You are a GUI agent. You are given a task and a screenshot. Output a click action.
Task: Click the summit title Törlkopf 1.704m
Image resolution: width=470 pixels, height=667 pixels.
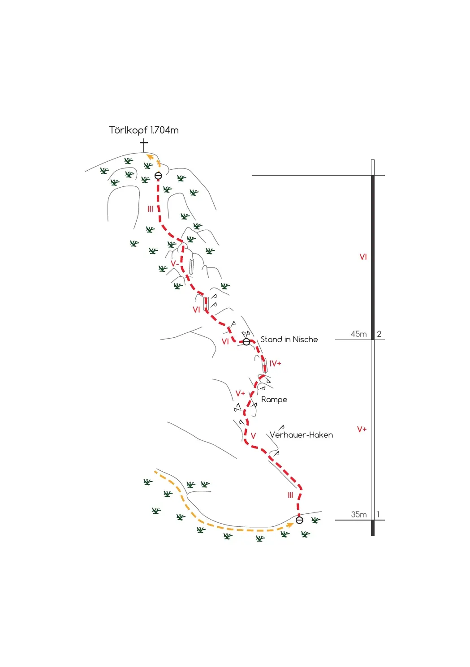[x=144, y=130]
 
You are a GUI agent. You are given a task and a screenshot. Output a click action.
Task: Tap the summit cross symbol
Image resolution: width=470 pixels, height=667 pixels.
[x=144, y=146]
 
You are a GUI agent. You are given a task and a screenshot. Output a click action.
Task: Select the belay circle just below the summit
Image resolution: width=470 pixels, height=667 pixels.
[x=159, y=176]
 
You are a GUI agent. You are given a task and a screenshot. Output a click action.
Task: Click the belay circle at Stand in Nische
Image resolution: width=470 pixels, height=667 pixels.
[x=246, y=342]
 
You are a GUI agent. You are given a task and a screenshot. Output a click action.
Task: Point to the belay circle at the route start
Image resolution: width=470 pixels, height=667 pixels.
[x=299, y=520]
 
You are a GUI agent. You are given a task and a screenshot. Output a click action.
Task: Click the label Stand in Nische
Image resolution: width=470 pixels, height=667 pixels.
[x=289, y=340]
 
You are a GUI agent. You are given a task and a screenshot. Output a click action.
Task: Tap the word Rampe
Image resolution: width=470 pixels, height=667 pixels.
[x=274, y=400]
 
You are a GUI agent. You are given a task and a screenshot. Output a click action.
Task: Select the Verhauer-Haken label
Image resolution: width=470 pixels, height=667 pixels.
[x=302, y=435]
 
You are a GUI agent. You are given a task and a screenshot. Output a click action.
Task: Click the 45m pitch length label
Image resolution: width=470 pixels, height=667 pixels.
[x=358, y=334]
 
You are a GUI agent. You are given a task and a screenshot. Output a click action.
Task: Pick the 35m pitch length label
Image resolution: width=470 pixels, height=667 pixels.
[x=358, y=515]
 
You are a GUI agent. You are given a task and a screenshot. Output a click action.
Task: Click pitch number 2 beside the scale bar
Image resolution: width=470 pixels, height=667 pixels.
[x=379, y=334]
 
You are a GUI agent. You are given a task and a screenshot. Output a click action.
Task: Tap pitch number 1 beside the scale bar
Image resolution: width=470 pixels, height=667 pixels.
[x=378, y=515]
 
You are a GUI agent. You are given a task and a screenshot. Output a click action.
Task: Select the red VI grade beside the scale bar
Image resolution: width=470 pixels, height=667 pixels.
[x=363, y=257]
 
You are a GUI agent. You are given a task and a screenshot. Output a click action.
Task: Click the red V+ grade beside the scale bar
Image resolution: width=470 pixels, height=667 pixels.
[x=362, y=430]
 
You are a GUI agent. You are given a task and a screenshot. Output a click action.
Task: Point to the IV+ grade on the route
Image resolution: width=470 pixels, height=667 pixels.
[x=275, y=364]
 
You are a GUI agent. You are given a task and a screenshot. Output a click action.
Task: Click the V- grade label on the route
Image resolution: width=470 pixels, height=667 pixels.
[x=175, y=263]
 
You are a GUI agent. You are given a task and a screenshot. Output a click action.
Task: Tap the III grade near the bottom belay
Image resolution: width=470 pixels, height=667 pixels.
[x=290, y=495]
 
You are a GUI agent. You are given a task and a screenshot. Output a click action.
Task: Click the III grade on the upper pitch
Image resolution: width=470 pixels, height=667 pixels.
[x=151, y=209]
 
